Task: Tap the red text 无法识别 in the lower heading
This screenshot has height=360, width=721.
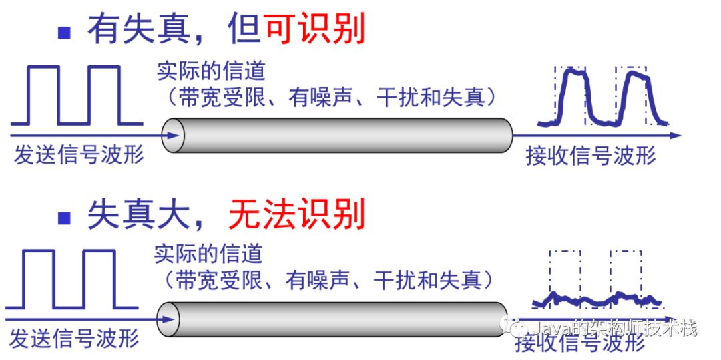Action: pyautogui.click(x=296, y=215)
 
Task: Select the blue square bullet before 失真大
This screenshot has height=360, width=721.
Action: pyautogui.click(x=65, y=217)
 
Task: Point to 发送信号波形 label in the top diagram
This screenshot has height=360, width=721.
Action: pyautogui.click(x=79, y=155)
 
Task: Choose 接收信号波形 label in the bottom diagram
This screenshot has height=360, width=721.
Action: pyautogui.click(x=579, y=343)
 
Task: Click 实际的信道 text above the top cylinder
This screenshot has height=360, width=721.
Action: pyautogui.click(x=211, y=71)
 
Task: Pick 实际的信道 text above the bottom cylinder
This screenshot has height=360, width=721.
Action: pyautogui.click(x=208, y=254)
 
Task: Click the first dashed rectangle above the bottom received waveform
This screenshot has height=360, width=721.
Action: pyautogui.click(x=565, y=274)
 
